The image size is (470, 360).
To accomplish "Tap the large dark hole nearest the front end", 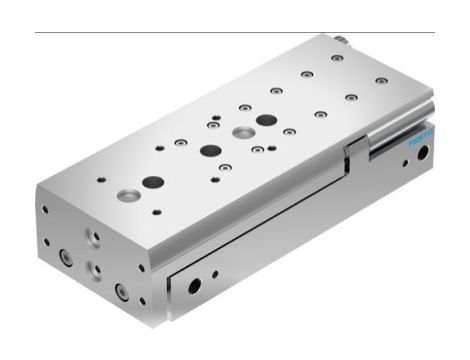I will click(x=152, y=182).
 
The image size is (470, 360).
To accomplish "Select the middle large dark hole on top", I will click(x=210, y=151).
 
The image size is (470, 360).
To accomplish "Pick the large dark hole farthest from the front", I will click(x=266, y=120).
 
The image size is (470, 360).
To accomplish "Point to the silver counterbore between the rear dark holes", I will click(x=240, y=132).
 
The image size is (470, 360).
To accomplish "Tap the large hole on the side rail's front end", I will click(x=193, y=284).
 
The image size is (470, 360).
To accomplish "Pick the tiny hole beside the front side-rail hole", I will click(x=215, y=272).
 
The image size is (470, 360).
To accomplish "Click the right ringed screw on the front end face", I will click(x=122, y=291).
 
